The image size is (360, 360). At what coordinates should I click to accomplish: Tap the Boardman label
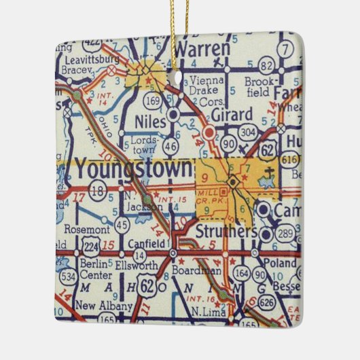tap(202, 270)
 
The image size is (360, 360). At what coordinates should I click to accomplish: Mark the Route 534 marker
tap(67, 276)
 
